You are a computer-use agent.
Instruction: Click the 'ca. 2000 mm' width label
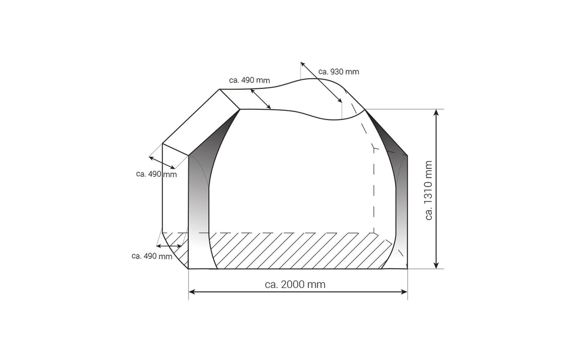click(x=295, y=284)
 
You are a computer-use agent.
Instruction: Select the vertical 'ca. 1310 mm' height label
click(x=428, y=190)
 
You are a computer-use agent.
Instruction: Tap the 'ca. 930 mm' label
click(x=338, y=72)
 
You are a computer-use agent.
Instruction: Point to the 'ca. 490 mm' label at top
click(x=249, y=80)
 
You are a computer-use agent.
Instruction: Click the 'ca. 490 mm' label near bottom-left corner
click(x=152, y=256)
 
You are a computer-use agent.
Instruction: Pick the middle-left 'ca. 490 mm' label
click(x=156, y=174)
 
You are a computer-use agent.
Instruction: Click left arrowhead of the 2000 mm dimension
click(x=191, y=292)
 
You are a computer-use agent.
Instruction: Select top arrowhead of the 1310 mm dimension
click(x=436, y=112)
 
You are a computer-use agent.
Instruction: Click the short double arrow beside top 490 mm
click(x=261, y=99)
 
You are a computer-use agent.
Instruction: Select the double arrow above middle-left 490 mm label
click(x=162, y=163)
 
